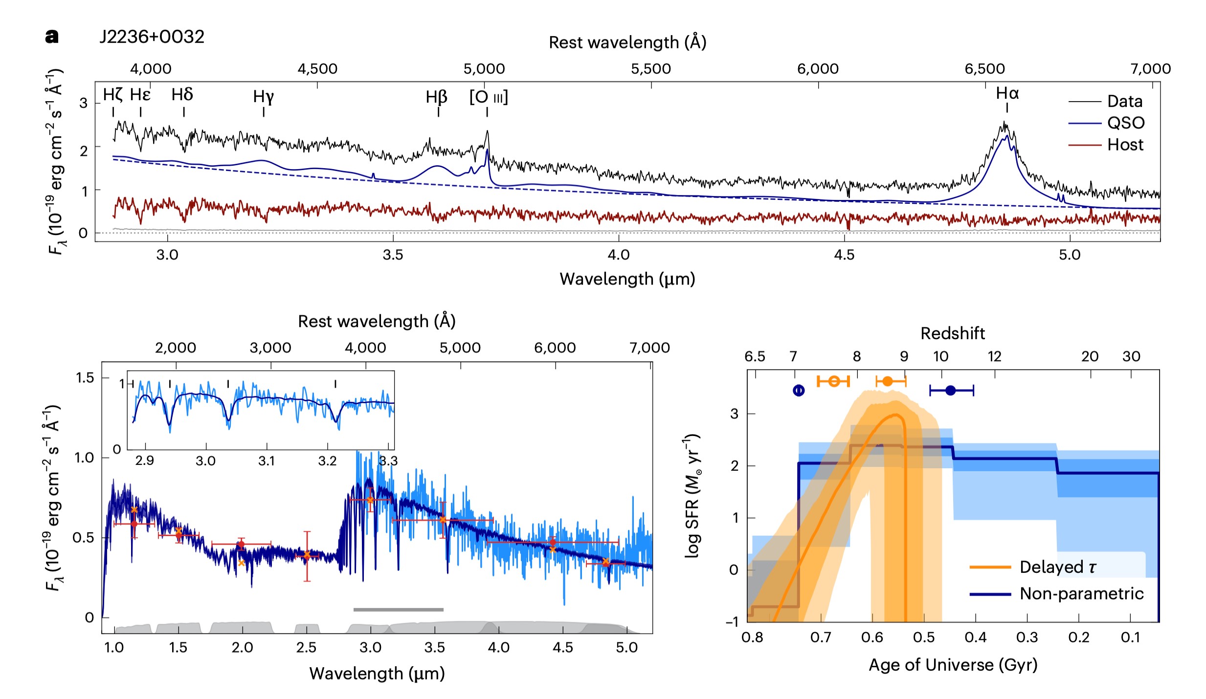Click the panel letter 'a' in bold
coord(52,37)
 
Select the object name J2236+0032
coord(152,37)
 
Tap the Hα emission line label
coord(1007,93)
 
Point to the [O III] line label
coord(489,97)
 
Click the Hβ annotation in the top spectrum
coord(436,97)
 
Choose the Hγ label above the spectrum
coord(264,97)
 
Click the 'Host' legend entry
coord(1125,145)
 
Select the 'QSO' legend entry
coord(1126,123)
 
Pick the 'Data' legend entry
coord(1125,101)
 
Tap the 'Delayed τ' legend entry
coord(1057,567)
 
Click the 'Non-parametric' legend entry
coord(1081,593)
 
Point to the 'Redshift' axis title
coord(953,333)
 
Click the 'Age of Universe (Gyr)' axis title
coord(953,665)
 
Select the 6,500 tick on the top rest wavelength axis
coord(984,69)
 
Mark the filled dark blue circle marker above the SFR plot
coord(950,390)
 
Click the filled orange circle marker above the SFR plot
coord(887,381)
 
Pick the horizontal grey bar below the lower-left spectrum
coord(398,610)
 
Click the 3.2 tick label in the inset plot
coord(327,461)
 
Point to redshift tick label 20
coord(1090,356)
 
